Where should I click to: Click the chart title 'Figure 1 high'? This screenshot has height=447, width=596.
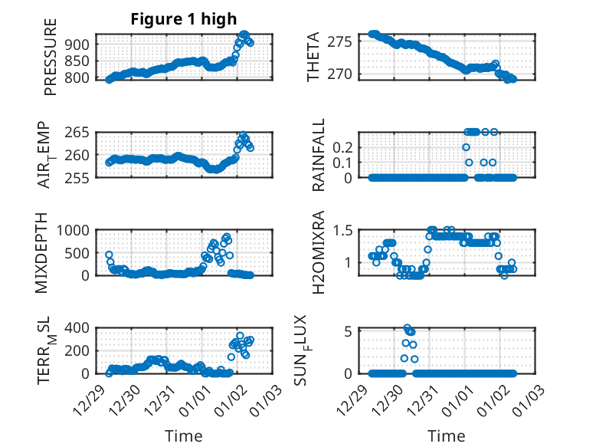[184, 19]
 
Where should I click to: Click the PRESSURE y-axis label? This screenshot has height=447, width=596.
[51, 62]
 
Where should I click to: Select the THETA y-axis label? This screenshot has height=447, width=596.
[314, 56]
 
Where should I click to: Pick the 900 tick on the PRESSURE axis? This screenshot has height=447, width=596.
[80, 44]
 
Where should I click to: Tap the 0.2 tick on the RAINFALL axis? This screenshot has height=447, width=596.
[342, 146]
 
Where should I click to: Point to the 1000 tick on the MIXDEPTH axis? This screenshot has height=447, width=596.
[74, 230]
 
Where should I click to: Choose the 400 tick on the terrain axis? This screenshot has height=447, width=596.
[80, 328]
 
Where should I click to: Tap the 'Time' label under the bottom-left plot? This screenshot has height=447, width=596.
[184, 436]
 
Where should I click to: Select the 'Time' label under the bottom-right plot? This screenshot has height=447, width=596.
[447, 436]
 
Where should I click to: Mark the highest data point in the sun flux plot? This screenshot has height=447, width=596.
[407, 328]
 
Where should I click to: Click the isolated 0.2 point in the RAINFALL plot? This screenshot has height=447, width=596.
[466, 146]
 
